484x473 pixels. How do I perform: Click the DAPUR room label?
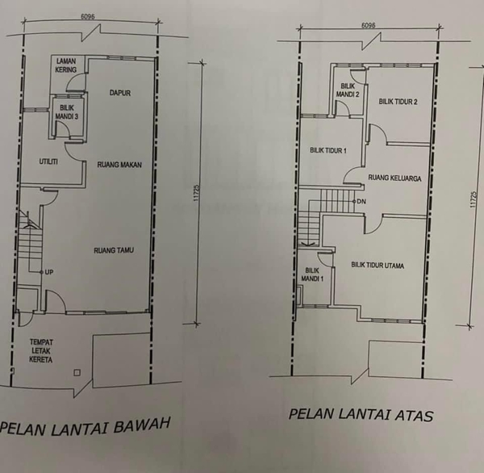coord(120,93)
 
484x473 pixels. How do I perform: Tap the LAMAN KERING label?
coord(66,65)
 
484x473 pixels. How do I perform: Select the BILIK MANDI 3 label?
coord(67,112)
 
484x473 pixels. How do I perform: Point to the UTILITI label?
coord(48,161)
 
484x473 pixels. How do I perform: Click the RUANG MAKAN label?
coord(119,165)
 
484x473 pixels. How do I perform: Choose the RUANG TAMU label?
coord(114,250)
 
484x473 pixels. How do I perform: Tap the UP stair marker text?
coord(49,272)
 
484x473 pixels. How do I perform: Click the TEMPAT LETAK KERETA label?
coord(41,350)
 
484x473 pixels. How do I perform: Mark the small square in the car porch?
coord(77,373)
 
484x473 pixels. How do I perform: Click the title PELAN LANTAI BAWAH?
coord(86,427)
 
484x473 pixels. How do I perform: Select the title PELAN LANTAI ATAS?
coord(361,415)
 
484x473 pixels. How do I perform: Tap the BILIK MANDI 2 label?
coord(348,90)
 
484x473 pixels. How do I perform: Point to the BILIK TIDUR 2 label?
coord(398,102)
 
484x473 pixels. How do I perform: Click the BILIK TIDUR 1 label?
coord(328,150)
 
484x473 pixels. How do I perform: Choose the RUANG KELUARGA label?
coord(394,178)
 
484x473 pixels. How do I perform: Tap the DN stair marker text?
coord(361,202)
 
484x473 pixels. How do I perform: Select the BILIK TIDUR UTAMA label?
coord(378,265)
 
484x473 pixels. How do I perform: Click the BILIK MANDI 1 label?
coord(312,274)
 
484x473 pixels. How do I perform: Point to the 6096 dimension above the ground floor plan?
coord(88,17)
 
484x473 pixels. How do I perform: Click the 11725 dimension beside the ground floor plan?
coord(197,193)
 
